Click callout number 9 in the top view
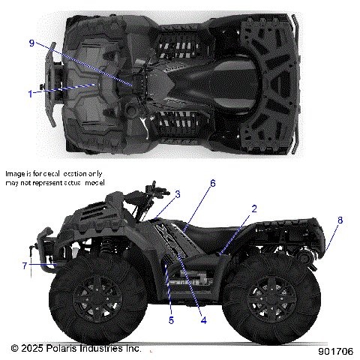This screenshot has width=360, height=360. pyautogui.click(x=32, y=43)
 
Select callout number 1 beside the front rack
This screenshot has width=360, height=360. pyautogui.click(x=31, y=94)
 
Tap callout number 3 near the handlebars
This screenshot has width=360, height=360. pyautogui.click(x=178, y=194)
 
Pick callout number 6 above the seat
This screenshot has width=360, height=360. pyautogui.click(x=214, y=183)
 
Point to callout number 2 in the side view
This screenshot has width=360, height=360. pyautogui.click(x=254, y=208)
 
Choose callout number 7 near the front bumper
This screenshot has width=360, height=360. pyautogui.click(x=25, y=265)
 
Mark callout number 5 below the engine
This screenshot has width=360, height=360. pyautogui.click(x=171, y=320)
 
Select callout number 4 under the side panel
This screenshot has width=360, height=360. pyautogui.click(x=202, y=320)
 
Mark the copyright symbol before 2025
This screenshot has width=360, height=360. pyautogui.click(x=14, y=349)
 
